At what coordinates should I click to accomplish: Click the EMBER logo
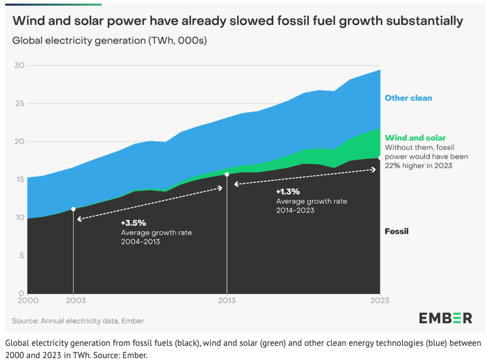pyautogui.click(x=445, y=318)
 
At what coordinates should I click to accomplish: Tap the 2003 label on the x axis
pyautogui.click(x=73, y=301)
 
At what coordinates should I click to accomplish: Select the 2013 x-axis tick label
pyautogui.click(x=227, y=301)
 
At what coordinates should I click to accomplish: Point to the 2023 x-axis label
pyautogui.click(x=380, y=301)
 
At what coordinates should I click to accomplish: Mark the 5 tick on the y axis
pyautogui.click(x=20, y=256)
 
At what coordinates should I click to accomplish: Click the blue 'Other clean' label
pyautogui.click(x=408, y=98)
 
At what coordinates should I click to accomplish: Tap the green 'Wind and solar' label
pyautogui.click(x=415, y=138)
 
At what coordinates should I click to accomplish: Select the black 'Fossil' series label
pyautogui.click(x=397, y=232)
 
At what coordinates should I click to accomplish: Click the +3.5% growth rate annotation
pyautogui.click(x=133, y=223)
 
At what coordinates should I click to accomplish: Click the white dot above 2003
pyautogui.click(x=73, y=209)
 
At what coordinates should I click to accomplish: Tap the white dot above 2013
pyautogui.click(x=227, y=174)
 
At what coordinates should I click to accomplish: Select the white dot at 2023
pyautogui.click(x=380, y=158)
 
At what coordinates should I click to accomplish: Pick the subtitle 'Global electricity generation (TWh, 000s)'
pyautogui.click(x=109, y=40)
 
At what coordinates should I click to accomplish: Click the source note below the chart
pyautogui.click(x=78, y=321)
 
